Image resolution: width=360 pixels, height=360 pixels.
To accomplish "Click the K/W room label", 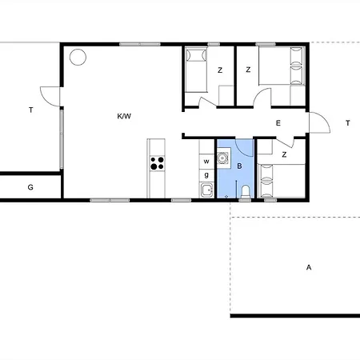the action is click(124, 116).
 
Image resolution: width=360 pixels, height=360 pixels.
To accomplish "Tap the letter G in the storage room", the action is click(30, 187).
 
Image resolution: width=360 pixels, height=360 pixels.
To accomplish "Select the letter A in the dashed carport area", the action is click(309, 267).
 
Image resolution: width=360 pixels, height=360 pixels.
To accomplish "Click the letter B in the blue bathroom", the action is click(239, 166).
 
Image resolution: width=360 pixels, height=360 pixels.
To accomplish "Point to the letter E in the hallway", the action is click(278, 123).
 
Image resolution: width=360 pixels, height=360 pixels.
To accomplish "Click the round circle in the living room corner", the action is click(78, 57).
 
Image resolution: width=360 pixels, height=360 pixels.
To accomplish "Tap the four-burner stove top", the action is click(158, 163).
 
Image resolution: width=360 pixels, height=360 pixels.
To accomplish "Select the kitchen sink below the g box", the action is click(206, 190).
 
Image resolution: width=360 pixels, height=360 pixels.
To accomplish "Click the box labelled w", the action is click(206, 162).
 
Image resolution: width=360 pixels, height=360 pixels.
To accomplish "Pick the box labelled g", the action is click(206, 175).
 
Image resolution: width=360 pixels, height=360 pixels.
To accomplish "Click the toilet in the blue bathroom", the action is click(245, 192).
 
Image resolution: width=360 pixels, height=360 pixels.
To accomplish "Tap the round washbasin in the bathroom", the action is click(222, 158).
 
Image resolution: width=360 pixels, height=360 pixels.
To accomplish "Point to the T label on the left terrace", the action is click(31, 110).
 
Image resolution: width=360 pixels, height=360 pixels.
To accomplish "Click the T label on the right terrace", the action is click(348, 123).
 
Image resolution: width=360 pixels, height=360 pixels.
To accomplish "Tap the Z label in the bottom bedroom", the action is click(284, 154).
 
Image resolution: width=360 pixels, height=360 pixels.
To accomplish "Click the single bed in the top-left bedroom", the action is click(196, 70).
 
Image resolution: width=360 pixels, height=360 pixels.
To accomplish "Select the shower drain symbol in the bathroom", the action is click(226, 197).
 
